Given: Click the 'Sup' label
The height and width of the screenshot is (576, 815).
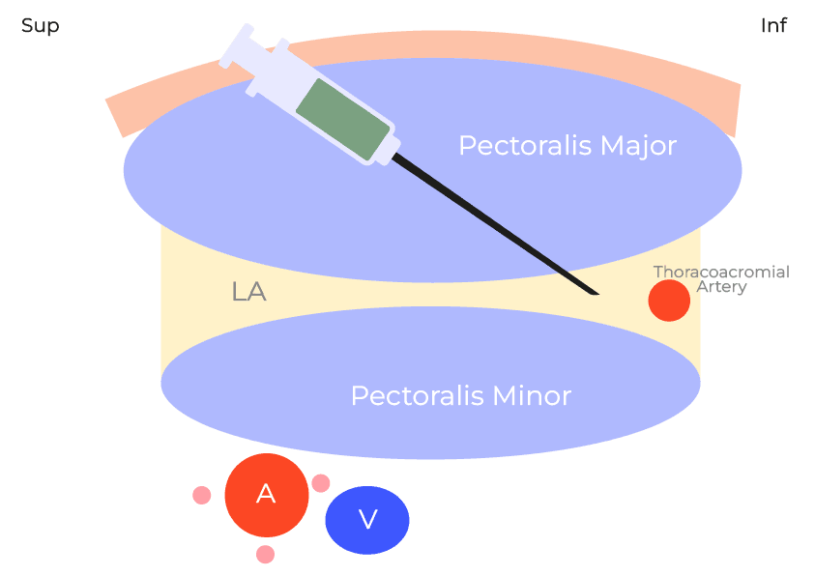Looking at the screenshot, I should pyautogui.click(x=40, y=26).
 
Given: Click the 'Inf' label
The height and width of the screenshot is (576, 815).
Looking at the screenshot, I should pyautogui.click(x=773, y=26).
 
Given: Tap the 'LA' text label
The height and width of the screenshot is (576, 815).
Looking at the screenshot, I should pyautogui.click(x=248, y=291).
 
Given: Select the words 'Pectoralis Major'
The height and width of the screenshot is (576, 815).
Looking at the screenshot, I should pyautogui.click(x=567, y=146).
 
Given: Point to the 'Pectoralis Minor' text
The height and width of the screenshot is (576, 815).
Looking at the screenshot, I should pyautogui.click(x=460, y=396).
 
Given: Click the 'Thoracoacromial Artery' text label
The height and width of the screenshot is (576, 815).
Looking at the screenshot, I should pyautogui.click(x=721, y=279).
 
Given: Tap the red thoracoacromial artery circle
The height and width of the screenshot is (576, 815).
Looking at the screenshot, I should pyautogui.click(x=669, y=301).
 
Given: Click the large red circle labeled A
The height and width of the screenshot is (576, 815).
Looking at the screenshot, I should pyautogui.click(x=266, y=495).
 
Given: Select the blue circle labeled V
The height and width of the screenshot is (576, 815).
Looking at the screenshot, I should pyautogui.click(x=367, y=520).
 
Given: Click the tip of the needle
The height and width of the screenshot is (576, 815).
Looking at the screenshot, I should pyautogui.click(x=597, y=293).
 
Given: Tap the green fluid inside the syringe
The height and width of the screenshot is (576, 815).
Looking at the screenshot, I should pyautogui.click(x=342, y=120).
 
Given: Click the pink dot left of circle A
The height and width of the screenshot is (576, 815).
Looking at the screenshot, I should pyautogui.click(x=202, y=495).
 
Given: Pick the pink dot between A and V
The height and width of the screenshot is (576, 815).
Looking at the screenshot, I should pyautogui.click(x=321, y=483).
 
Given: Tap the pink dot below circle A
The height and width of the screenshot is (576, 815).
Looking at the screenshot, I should pyautogui.click(x=266, y=555).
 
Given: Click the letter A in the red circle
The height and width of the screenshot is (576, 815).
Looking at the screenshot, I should pyautogui.click(x=266, y=495).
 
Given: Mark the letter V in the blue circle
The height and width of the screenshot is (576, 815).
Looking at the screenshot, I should pyautogui.click(x=367, y=520).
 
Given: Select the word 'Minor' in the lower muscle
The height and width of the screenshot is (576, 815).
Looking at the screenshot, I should pyautogui.click(x=532, y=396).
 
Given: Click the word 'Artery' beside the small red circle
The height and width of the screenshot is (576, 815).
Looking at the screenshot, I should pyautogui.click(x=721, y=287).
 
